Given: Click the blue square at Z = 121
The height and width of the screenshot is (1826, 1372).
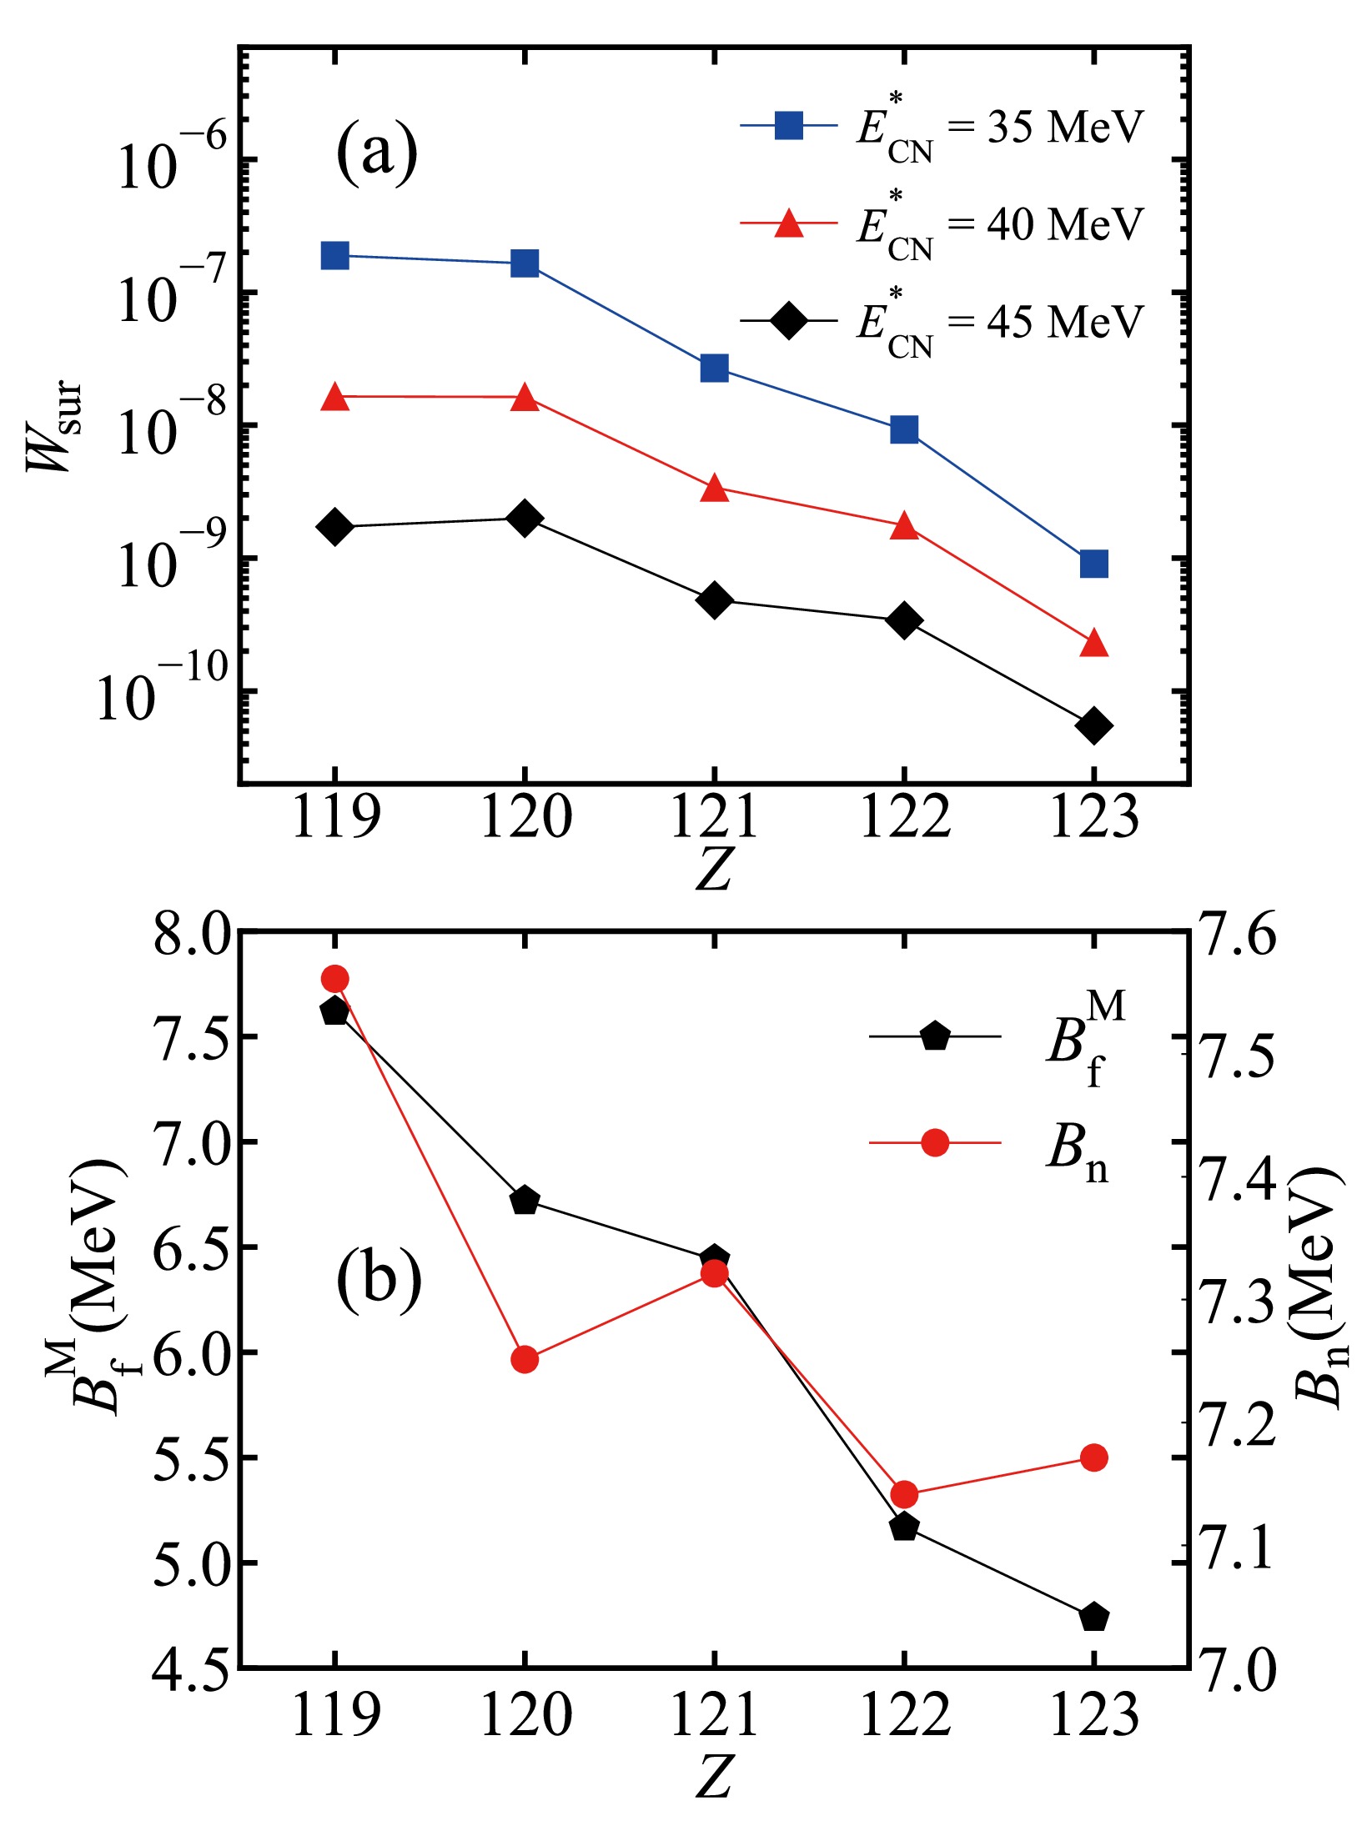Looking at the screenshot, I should tap(714, 368).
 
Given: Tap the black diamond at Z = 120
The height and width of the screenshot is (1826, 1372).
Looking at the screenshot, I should tap(525, 519).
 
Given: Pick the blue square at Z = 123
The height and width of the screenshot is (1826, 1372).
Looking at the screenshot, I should tap(1093, 564).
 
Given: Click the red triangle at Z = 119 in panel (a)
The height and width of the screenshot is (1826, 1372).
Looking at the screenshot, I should tap(334, 397).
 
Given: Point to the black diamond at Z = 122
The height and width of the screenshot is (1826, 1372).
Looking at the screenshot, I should tap(904, 620).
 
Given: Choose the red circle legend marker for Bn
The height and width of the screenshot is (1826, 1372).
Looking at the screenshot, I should tap(935, 1142).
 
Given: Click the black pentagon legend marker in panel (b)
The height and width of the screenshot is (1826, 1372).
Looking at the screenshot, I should tap(935, 1037).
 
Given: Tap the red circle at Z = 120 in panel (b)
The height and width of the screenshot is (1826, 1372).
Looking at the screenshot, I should tap(525, 1359).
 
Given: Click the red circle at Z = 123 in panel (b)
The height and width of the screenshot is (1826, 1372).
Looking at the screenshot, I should tap(1093, 1457).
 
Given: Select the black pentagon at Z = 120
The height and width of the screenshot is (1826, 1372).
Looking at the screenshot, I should tap(525, 1201).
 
